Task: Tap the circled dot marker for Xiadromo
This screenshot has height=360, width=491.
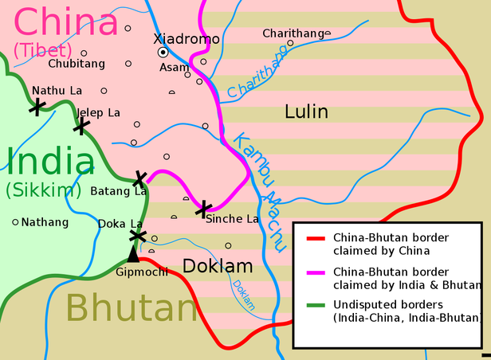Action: pos(163,52)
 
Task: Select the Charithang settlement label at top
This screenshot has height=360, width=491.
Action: pos(293,33)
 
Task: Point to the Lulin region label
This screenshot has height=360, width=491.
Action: pos(306,112)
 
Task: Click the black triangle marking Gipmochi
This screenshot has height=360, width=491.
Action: pos(134,254)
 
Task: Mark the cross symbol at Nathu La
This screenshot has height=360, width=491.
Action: pos(36,106)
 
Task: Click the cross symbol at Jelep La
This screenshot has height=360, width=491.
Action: pos(81,125)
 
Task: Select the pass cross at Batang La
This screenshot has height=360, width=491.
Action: pos(141,178)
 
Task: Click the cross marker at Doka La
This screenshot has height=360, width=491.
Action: pos(137,236)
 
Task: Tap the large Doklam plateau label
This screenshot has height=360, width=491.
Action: pos(218,265)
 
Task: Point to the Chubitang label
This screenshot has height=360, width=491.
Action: pos(76,62)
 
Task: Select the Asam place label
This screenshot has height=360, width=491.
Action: pos(175,68)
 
